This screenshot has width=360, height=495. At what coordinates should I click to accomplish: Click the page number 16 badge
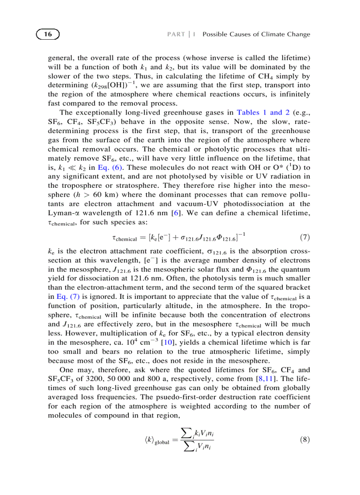tap(48, 34)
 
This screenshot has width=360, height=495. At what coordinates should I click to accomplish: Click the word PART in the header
tap(176, 34)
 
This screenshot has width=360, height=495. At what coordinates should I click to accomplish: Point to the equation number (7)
tap(304, 238)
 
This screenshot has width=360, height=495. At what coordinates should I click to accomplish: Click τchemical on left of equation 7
tap(124, 238)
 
